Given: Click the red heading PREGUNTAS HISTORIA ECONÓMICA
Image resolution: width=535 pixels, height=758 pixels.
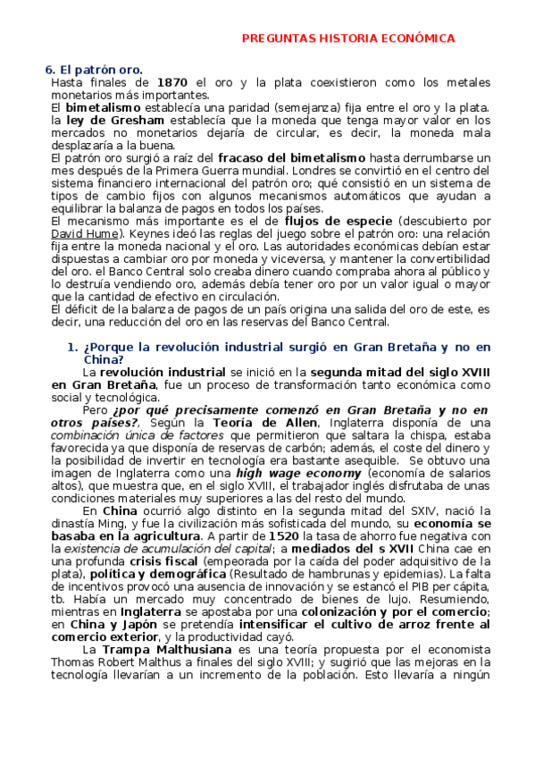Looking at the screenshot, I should (349, 38).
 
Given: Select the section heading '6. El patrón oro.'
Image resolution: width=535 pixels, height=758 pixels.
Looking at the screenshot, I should (94, 70).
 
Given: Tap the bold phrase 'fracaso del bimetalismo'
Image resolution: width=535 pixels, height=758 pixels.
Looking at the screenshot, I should (291, 157).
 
